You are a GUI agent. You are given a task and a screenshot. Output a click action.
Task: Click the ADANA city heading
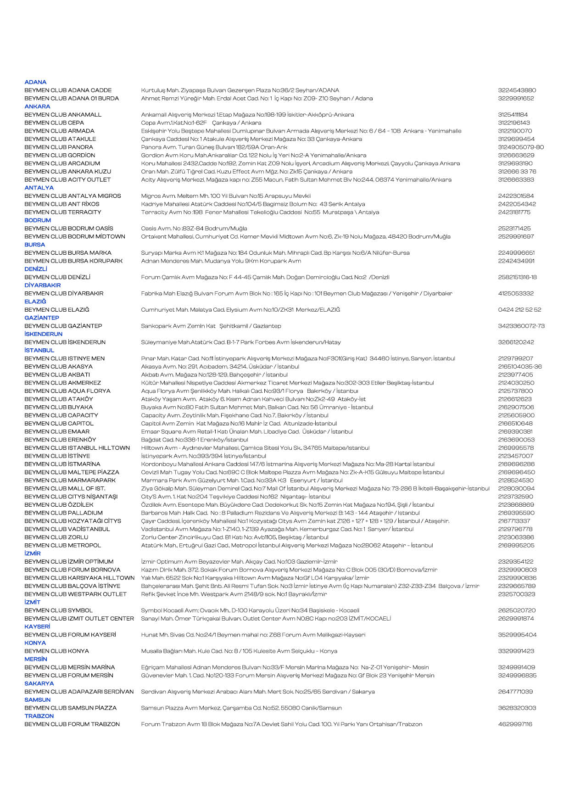pos(35,82)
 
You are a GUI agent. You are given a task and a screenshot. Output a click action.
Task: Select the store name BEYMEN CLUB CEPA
pos(54,123)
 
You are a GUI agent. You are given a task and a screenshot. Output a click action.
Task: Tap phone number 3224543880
pos(517,90)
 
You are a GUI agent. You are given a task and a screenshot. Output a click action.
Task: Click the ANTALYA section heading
pos(39,188)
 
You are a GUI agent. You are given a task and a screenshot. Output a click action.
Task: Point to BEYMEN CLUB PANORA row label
pos(59,147)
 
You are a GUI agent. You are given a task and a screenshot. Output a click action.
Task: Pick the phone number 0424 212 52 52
pos(519,310)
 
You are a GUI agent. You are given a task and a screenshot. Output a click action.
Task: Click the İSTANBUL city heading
pos(39,350)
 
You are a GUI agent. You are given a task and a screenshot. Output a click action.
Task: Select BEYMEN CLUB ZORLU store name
pos(56,537)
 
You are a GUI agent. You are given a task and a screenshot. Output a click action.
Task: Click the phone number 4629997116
pos(515,724)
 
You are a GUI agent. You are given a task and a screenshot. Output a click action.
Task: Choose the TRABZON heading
pos(39,716)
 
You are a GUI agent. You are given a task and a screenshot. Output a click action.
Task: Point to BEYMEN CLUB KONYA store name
pos(57,651)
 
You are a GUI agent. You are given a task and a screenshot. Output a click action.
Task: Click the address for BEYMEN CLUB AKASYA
pos(220,367)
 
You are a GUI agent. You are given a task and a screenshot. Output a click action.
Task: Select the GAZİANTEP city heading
pos(42,318)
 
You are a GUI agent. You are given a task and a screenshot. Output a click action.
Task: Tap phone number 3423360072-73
pos(521,326)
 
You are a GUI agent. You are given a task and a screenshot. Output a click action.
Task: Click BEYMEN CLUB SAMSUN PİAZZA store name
pos(71,708)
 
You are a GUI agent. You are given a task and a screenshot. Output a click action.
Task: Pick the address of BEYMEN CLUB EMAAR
pos(247,432)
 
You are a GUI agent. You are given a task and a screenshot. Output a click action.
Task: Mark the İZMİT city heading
pos(33,602)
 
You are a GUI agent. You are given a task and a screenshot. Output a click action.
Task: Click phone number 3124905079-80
pos(521,147)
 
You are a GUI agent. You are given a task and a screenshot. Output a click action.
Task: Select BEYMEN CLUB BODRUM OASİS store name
pos(69,229)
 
